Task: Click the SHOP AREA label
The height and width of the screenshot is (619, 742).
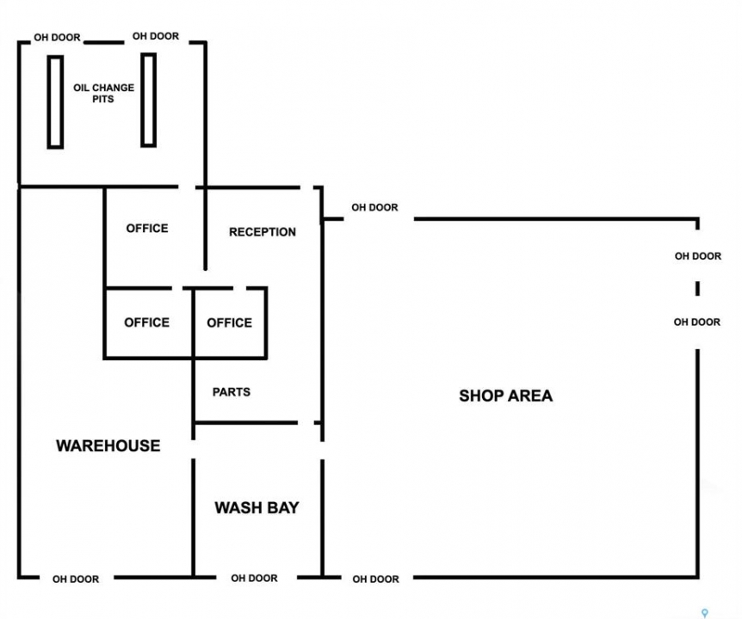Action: tap(506, 395)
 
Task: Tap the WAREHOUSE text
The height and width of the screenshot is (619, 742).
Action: tap(108, 445)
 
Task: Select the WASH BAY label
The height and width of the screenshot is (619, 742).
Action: tap(257, 507)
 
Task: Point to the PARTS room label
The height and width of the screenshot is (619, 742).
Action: tap(232, 392)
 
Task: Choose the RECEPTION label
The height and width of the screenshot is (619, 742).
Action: tap(263, 232)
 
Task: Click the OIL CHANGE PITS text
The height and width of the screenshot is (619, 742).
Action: tap(103, 93)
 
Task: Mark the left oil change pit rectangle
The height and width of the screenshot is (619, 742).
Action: tap(55, 102)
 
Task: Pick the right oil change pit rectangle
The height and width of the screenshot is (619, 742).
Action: tap(149, 101)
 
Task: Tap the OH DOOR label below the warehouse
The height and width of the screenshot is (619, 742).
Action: tap(76, 579)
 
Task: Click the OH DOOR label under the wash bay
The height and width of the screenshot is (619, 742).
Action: tap(254, 578)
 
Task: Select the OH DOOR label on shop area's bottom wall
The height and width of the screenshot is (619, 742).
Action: tap(375, 579)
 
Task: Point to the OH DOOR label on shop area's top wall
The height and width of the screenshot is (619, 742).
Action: tap(374, 207)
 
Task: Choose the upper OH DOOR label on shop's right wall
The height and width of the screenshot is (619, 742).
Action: tap(698, 256)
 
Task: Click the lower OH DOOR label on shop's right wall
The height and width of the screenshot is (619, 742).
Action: tap(697, 322)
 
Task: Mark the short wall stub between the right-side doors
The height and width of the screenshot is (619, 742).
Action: tap(697, 288)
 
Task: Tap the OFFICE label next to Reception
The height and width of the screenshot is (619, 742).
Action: tap(147, 228)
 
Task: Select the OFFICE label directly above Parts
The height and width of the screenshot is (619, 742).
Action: tap(230, 322)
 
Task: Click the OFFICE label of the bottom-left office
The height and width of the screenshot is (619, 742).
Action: tap(146, 322)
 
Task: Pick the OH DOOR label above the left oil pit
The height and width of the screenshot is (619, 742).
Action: tap(58, 37)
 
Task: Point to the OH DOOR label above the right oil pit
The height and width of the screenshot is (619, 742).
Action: tap(156, 36)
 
